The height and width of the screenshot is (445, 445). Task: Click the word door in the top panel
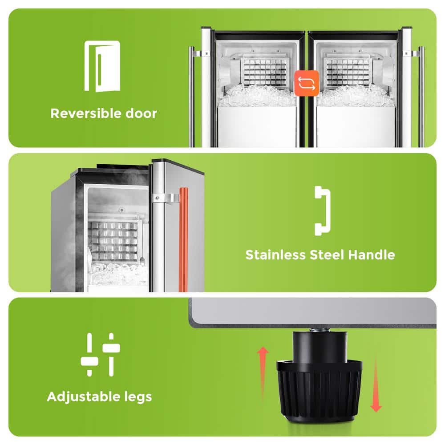[141, 113]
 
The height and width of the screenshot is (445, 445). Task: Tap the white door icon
[102, 66]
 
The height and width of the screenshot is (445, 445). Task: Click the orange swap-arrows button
[307, 83]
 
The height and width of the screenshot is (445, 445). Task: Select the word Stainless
[275, 255]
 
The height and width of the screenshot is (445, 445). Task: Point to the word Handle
[372, 255]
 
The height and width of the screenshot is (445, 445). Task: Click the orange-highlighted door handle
[183, 239]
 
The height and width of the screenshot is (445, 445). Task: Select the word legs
[138, 397]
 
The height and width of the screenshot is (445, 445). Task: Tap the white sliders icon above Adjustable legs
[100, 355]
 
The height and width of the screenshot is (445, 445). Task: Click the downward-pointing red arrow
[376, 384]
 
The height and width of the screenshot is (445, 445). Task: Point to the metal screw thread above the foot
[319, 330]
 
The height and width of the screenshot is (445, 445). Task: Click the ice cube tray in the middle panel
[113, 241]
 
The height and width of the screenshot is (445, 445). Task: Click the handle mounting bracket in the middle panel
[165, 198]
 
